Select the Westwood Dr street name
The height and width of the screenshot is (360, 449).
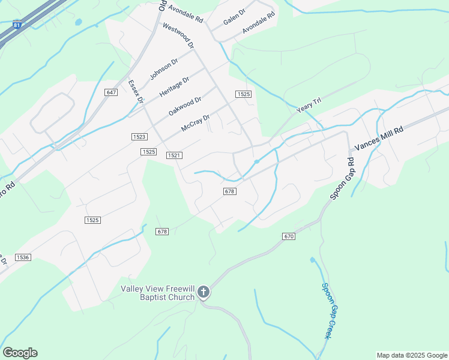point(179,37)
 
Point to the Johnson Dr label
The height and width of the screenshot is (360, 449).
point(164,70)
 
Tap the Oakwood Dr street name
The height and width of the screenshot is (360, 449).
point(185,107)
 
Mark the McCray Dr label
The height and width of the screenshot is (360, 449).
point(196,124)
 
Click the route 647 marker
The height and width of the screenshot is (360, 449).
point(110,92)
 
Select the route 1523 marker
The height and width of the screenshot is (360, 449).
point(139,137)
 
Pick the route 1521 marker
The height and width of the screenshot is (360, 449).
point(174,155)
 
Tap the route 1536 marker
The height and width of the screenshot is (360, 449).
point(23,257)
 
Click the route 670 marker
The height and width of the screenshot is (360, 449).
point(289,236)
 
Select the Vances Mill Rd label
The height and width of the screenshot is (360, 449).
point(379,138)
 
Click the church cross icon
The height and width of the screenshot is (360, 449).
point(203,292)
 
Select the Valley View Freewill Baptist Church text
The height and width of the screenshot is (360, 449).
point(158,293)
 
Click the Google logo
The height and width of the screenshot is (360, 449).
point(20,353)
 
